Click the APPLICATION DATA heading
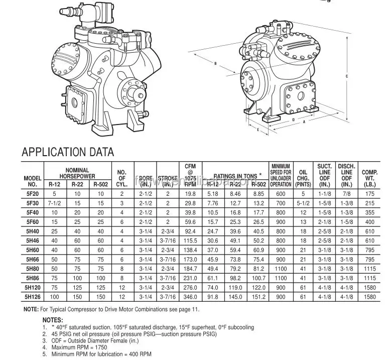pyautogui.click(x=67, y=152)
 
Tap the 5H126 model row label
pyautogui.click(x=32, y=297)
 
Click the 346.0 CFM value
pyautogui.click(x=190, y=297)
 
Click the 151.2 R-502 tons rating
pyautogui.click(x=259, y=297)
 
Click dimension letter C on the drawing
pyautogui.click(x=347, y=76)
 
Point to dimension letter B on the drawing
pyautogui.click(x=215, y=64)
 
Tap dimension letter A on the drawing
pyautogui.click(x=304, y=122)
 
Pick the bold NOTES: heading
pyautogui.click(x=53, y=320)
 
